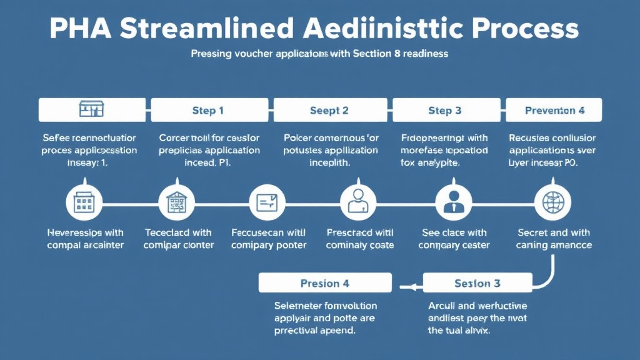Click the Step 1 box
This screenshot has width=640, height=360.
pyautogui.click(x=208, y=110)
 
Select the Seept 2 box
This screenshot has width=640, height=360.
pyautogui.click(x=329, y=110)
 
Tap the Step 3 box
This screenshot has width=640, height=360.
pyautogui.click(x=444, y=110)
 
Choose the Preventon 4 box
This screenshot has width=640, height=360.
pyautogui.click(x=554, y=110)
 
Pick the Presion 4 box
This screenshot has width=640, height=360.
pyautogui.click(x=324, y=283)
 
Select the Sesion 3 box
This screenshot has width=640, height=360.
pyautogui.click(x=477, y=283)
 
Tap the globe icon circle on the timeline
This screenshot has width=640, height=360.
pyautogui.click(x=553, y=202)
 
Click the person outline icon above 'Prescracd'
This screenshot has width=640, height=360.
pyautogui.click(x=357, y=202)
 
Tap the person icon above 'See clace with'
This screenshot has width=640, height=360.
pyautogui.click(x=451, y=202)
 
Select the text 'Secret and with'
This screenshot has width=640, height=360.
pyautogui.click(x=553, y=232)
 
